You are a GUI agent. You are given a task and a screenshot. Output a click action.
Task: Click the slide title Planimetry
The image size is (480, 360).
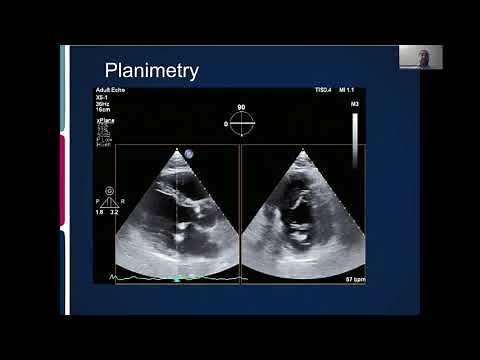tap(152, 70)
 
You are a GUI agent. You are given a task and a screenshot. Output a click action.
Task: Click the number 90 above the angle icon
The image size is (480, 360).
tap(241, 106)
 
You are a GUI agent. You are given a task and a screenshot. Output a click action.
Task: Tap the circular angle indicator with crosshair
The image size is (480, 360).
tap(242, 123)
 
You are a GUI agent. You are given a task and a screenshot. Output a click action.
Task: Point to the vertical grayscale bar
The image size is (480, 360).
tap(355, 140)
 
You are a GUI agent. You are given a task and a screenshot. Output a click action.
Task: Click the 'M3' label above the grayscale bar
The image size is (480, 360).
tap(355, 104)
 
